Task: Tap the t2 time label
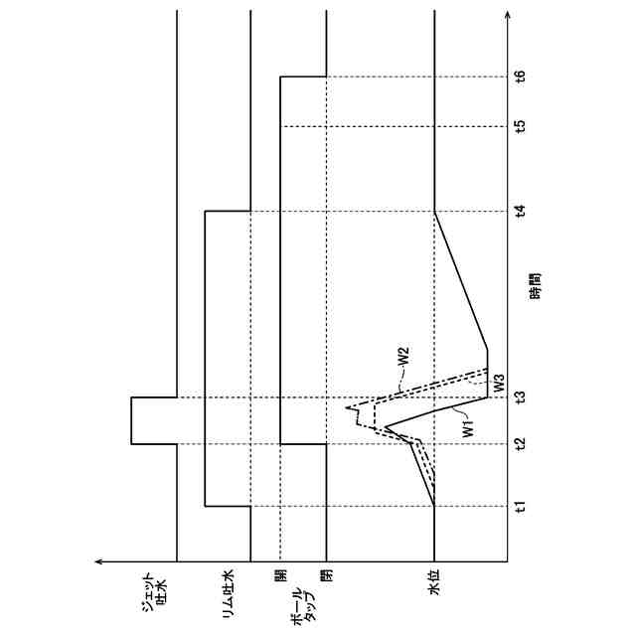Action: pyautogui.click(x=520, y=444)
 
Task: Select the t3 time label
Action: pyautogui.click(x=520, y=399)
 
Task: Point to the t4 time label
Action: pyautogui.click(x=520, y=211)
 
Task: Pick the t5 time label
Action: pyautogui.click(x=520, y=126)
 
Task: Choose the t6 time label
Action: pyautogui.click(x=520, y=76)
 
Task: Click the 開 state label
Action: pyautogui.click(x=281, y=575)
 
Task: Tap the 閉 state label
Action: pyautogui.click(x=325, y=575)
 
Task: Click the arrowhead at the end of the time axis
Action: pyautogui.click(x=509, y=17)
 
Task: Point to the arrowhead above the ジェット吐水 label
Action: pyautogui.click(x=99, y=562)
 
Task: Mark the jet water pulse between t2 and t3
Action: pyautogui.click(x=132, y=421)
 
